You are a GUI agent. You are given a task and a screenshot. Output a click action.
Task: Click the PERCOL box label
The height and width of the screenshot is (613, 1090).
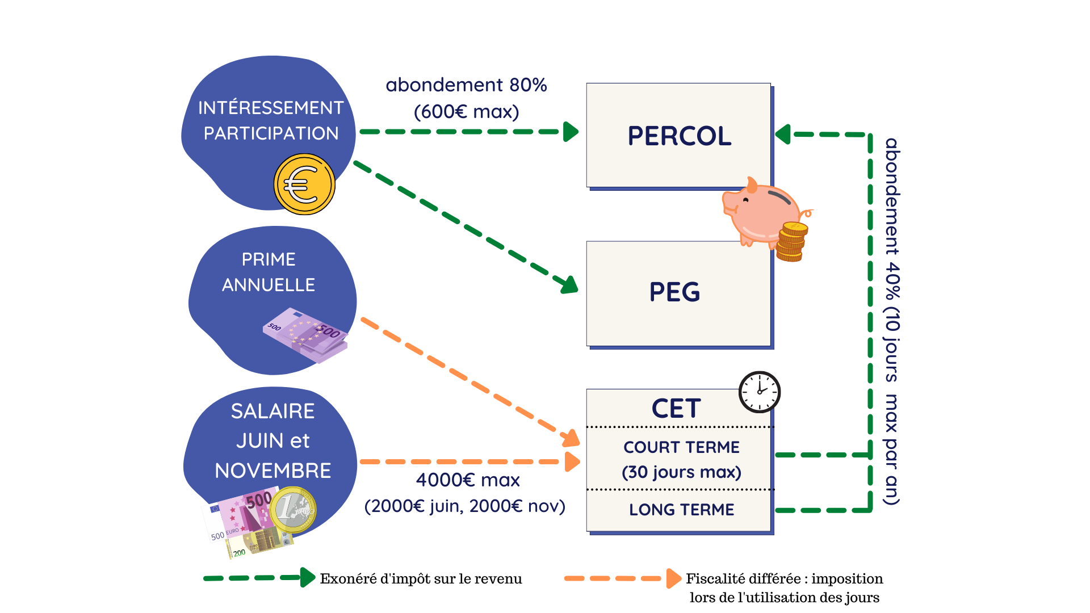[680, 136]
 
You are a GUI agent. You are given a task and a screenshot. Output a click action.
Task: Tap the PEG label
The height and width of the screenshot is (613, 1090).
[674, 292]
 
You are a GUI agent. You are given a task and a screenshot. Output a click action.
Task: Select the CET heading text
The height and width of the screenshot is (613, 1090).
[676, 409]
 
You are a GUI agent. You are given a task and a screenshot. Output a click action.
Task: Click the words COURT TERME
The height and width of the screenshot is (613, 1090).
[681, 447]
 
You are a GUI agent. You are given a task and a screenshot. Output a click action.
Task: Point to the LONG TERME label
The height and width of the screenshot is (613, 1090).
[681, 510]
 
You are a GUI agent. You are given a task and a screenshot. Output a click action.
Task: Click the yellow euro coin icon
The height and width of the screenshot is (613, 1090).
[304, 184]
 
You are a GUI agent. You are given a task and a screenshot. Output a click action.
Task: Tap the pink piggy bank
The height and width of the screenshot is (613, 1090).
[761, 212]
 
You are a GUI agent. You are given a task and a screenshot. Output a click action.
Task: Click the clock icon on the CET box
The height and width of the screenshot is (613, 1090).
[760, 392]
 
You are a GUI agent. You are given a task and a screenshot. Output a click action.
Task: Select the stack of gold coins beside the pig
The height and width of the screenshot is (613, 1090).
[792, 242]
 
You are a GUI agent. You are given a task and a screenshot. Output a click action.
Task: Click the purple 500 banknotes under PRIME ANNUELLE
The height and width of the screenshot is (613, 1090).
[305, 335]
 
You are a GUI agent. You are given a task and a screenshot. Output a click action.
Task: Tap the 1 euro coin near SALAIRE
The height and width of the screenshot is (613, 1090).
[293, 510]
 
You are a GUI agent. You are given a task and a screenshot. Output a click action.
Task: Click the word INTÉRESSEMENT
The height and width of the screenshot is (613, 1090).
[271, 108]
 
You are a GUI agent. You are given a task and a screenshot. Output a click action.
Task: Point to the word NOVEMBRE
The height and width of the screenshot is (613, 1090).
[272, 471]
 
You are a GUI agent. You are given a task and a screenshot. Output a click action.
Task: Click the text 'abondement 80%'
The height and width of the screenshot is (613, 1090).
[466, 85]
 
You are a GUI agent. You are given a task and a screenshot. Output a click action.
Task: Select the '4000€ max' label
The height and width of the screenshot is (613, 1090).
[468, 480]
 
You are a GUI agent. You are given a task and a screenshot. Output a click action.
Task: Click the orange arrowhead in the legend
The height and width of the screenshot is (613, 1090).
[674, 578]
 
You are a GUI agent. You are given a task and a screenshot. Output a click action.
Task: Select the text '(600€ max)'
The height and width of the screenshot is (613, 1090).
[466, 112]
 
